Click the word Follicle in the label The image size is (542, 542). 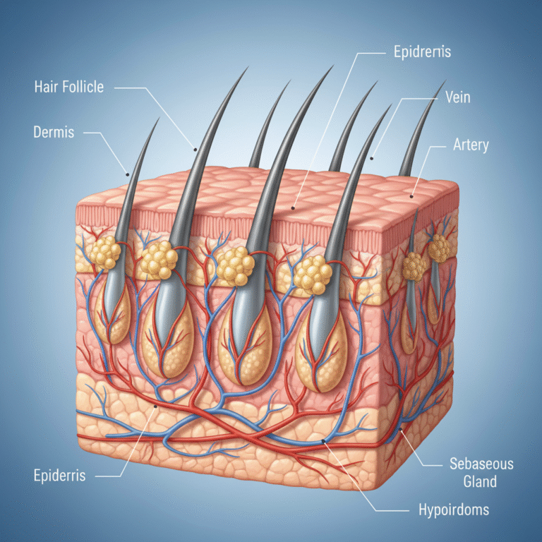(x=80, y=88)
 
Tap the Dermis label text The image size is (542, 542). (x=54, y=133)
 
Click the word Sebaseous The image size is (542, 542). (x=481, y=464)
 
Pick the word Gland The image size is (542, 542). (x=481, y=482)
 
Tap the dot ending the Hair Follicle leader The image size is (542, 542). (x=194, y=148)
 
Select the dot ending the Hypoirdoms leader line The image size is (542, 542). (x=325, y=442)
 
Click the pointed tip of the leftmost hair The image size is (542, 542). (x=158, y=120)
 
